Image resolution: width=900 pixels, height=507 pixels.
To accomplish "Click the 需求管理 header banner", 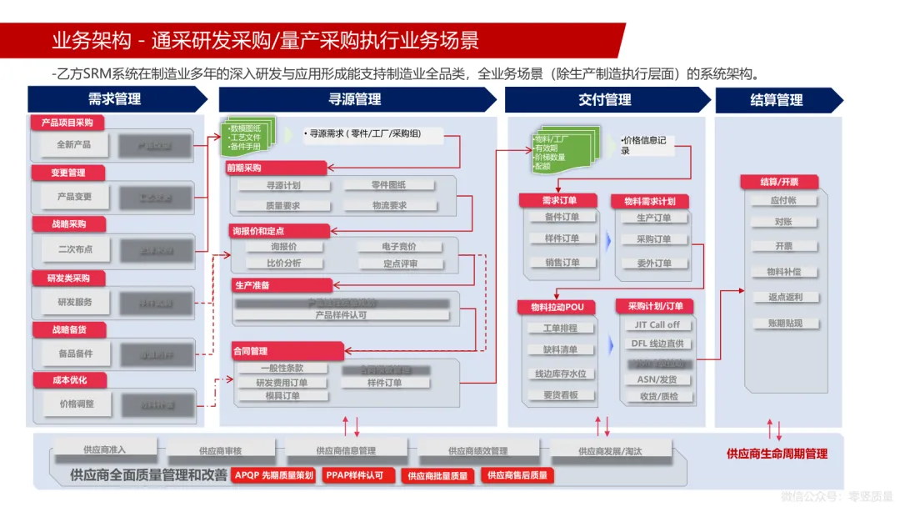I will tap(115, 99).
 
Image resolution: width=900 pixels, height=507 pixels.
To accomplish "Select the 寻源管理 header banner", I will tap(355, 99).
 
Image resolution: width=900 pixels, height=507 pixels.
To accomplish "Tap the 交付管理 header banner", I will tap(605, 100).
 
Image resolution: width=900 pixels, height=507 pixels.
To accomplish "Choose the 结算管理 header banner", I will tap(776, 100).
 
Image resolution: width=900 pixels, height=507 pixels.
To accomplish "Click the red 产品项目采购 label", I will tap(67, 123).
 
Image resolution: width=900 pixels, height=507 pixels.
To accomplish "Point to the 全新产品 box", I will tap(74, 144).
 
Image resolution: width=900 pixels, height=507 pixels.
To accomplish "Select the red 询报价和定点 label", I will tap(269, 230).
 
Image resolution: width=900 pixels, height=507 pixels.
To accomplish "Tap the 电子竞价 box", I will tap(399, 247).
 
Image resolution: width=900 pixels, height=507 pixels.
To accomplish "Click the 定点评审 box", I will tap(401, 264).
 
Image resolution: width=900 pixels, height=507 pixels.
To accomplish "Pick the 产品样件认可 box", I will tap(341, 315).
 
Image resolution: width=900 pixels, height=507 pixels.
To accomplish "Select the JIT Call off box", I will tap(657, 325).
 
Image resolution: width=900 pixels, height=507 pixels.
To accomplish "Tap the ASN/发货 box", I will tap(657, 379).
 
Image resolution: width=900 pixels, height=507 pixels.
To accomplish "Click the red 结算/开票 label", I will tap(779, 182).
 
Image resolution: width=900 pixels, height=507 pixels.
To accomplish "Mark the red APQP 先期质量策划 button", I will tap(273, 475).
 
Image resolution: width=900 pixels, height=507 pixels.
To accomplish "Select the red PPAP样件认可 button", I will tap(354, 475).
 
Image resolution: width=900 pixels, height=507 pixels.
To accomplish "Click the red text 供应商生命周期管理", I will tap(777, 454).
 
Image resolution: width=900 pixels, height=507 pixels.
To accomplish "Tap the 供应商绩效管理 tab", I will tap(477, 451).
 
